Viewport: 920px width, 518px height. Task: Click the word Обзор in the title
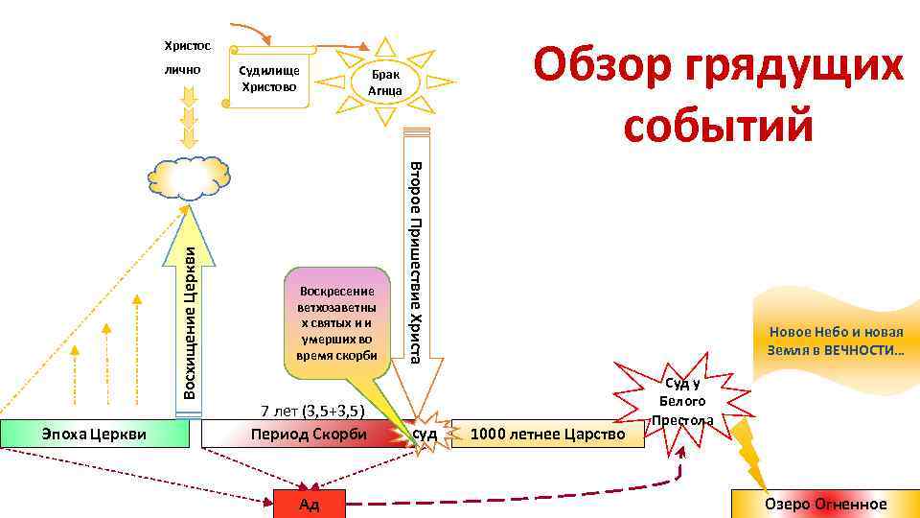pyautogui.click(x=600, y=68)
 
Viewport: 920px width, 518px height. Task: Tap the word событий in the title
pyautogui.click(x=718, y=124)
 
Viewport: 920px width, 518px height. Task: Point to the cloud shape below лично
pyautogui.click(x=190, y=178)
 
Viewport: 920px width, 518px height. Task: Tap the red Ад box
pyautogui.click(x=308, y=505)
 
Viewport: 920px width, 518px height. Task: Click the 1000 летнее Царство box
pyautogui.click(x=547, y=435)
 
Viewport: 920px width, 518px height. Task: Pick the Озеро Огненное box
pyautogui.click(x=824, y=504)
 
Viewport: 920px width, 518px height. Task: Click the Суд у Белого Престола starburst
pyautogui.click(x=683, y=401)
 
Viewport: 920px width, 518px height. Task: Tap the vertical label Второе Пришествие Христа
pyautogui.click(x=416, y=262)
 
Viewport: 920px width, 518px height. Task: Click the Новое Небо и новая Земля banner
pyautogui.click(x=835, y=341)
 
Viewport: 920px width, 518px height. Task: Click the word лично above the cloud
pyautogui.click(x=181, y=69)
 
